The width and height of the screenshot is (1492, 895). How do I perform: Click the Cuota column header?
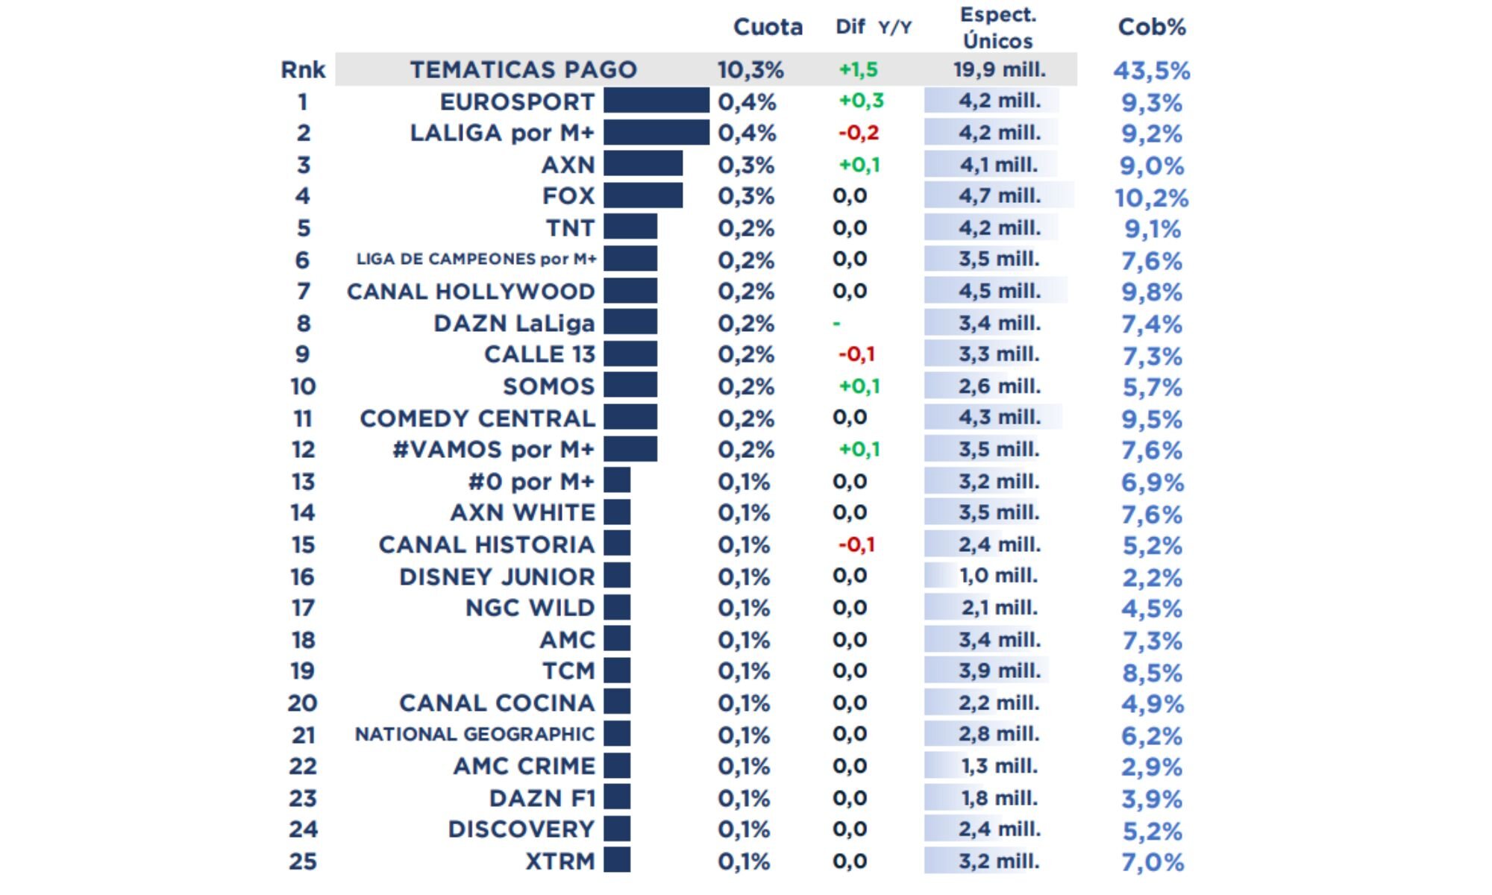pyautogui.click(x=768, y=27)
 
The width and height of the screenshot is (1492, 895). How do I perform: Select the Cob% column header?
pyautogui.click(x=1151, y=27)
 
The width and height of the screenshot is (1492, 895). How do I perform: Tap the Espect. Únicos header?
pyautogui.click(x=997, y=28)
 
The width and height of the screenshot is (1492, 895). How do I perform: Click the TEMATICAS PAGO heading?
pyautogui.click(x=523, y=69)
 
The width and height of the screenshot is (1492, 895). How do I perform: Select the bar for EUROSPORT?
pyautogui.click(x=656, y=101)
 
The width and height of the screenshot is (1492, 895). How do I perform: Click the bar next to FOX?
pyautogui.click(x=642, y=195)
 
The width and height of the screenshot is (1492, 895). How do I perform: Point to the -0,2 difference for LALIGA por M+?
pyautogui.click(x=859, y=133)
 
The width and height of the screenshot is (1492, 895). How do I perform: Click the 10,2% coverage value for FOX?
pyautogui.click(x=1151, y=198)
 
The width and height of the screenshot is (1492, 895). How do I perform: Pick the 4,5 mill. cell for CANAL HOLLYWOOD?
pyautogui.click(x=999, y=291)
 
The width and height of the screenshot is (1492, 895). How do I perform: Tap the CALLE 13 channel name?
pyautogui.click(x=539, y=354)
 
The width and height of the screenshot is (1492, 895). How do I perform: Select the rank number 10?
pyautogui.click(x=303, y=386)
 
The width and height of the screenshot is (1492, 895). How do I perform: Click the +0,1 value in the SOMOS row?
pyautogui.click(x=859, y=386)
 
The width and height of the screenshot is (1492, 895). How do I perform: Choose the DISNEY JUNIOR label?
pyautogui.click(x=497, y=577)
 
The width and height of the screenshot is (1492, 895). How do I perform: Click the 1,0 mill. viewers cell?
pyautogui.click(x=998, y=576)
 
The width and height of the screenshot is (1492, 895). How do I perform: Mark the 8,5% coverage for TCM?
pyautogui.click(x=1152, y=673)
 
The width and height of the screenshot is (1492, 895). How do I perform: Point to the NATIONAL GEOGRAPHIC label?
pyautogui.click(x=474, y=735)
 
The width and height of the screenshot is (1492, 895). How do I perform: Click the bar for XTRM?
pyautogui.click(x=616, y=861)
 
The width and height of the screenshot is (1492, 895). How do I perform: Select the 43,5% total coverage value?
pyautogui.click(x=1151, y=71)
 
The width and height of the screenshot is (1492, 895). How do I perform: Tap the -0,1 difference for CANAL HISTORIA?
pyautogui.click(x=856, y=544)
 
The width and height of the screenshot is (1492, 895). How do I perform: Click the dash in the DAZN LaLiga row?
pyautogui.click(x=836, y=324)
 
